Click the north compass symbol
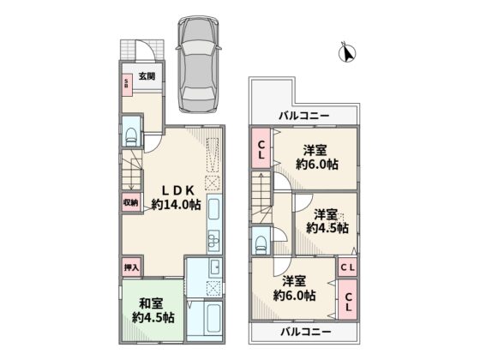(347, 52)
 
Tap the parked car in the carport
(199, 64)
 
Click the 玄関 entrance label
(147, 76)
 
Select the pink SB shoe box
(127, 85)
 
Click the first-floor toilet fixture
(132, 137)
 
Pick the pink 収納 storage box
(131, 202)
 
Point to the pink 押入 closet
(132, 267)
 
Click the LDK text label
(178, 190)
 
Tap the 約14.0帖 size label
(177, 204)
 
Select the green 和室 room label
(151, 303)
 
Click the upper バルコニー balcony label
(304, 116)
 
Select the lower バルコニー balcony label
(306, 333)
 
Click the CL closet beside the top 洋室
(261, 148)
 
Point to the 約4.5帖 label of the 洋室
(327, 228)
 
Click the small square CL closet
(348, 267)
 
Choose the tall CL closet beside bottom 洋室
(348, 299)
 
